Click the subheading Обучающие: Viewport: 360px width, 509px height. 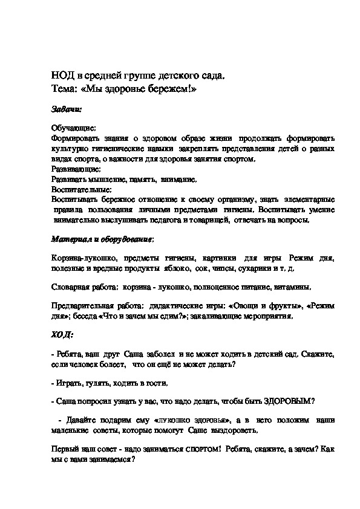point(73,129)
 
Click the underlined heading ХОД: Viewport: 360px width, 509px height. point(62,334)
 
